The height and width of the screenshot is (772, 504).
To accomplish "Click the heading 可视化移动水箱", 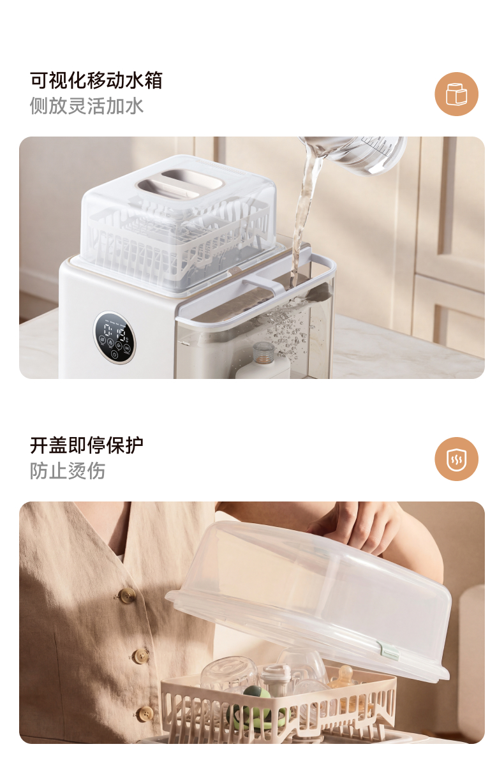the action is coord(96,80).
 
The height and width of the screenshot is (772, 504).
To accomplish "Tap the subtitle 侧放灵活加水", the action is coord(86,105).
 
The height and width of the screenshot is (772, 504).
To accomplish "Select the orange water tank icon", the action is coord(456,94).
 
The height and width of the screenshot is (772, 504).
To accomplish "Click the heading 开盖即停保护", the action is coord(86,445).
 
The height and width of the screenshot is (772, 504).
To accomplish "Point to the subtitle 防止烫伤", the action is coord(67,470).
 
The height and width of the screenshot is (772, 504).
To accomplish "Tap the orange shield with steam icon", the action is coord(456,459).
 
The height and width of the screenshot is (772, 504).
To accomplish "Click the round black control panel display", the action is coord(114,337).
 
